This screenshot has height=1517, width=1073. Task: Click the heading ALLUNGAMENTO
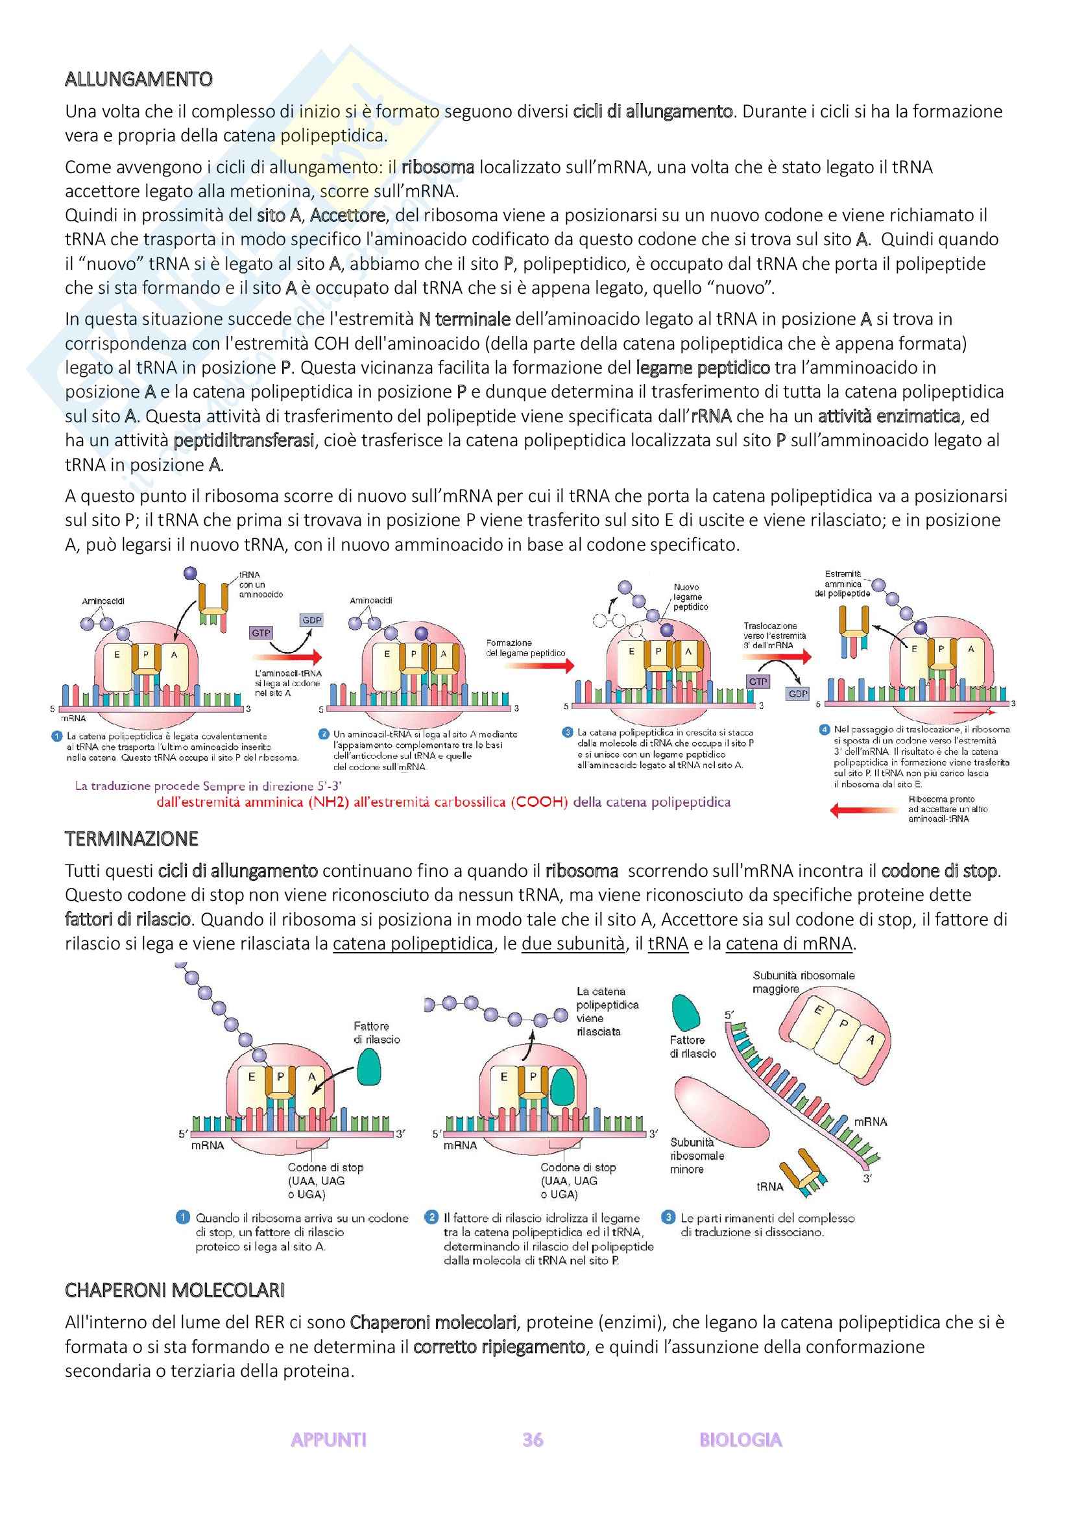(138, 79)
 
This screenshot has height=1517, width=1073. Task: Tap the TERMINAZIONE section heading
(132, 839)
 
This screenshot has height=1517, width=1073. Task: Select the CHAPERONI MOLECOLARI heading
(175, 1291)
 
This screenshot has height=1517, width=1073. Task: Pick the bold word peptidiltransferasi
(244, 440)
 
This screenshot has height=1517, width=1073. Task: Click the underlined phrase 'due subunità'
(572, 944)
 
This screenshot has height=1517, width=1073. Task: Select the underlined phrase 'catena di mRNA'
(789, 944)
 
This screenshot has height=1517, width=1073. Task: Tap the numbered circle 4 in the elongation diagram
(824, 730)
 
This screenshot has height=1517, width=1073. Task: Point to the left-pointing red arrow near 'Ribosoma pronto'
(858, 810)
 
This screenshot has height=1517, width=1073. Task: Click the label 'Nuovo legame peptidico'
(690, 597)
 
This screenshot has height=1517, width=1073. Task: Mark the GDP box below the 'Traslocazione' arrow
(798, 694)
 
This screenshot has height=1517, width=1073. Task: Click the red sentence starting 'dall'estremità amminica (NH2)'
(442, 803)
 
